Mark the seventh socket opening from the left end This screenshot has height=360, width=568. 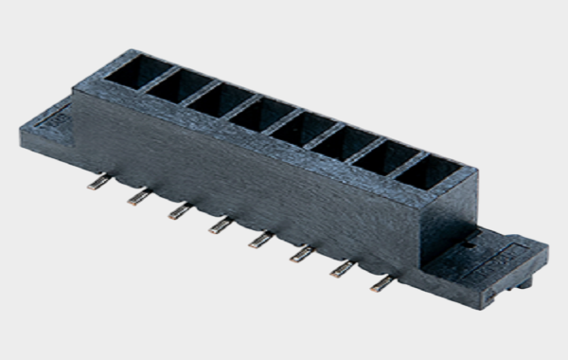coord(382,158)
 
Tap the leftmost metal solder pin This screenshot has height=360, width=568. coord(97,183)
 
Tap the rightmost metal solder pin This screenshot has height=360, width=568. coord(382,282)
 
